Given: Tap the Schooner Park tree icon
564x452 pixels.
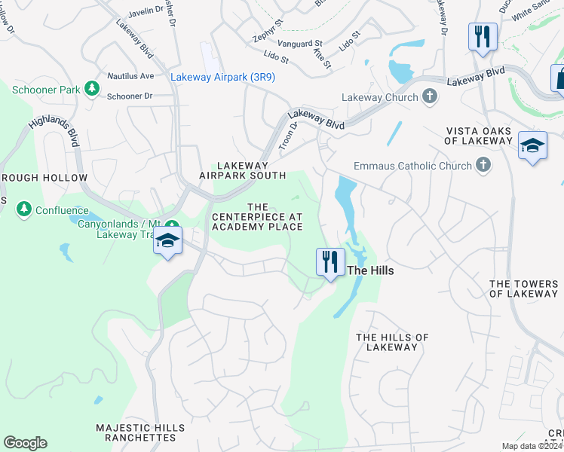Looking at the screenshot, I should pos(92,89).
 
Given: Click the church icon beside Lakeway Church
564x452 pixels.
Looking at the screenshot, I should pos(430,97).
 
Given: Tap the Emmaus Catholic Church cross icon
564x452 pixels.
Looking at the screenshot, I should pos(483,165).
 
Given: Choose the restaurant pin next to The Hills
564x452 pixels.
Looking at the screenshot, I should pos(330,263).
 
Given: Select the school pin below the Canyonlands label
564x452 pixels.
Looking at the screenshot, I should pos(167,241).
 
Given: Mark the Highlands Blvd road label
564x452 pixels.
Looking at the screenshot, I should pos(54,122).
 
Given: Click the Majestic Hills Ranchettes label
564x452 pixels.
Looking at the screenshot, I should pos(140,432).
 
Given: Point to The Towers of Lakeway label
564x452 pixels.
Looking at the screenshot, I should pos(524,289).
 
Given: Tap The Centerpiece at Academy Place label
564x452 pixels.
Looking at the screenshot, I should pos(257,217).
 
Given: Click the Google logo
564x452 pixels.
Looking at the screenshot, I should pos(25,442).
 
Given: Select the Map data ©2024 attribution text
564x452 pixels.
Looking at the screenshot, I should pos(532,446).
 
